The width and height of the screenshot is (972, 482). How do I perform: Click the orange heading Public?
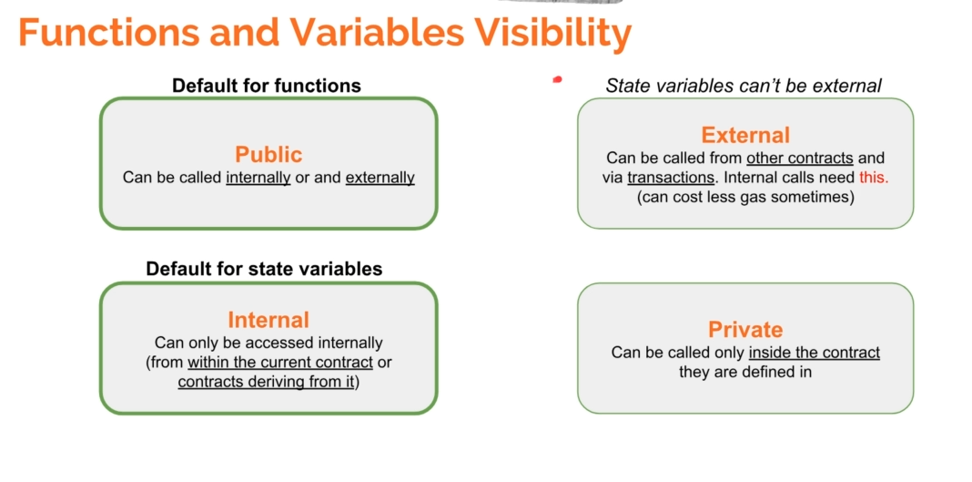(x=268, y=154)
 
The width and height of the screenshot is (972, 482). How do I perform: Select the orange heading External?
(x=745, y=135)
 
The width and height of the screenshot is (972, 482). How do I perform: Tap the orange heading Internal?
(x=268, y=320)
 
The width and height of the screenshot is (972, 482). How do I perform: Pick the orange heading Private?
(x=745, y=330)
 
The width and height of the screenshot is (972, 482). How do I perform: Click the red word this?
(x=874, y=178)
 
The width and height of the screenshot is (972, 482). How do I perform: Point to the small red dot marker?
(x=557, y=79)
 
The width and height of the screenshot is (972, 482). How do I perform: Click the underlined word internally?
(x=258, y=178)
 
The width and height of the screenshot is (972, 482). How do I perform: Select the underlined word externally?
(x=380, y=178)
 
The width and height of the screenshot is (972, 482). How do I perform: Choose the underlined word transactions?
(x=671, y=178)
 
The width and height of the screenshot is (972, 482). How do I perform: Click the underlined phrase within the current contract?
(x=280, y=363)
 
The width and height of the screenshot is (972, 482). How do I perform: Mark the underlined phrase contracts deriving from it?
(x=266, y=382)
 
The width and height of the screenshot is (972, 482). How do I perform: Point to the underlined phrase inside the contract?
(x=815, y=353)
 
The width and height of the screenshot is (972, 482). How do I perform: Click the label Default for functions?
(x=267, y=85)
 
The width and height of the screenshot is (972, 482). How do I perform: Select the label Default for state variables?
(x=264, y=269)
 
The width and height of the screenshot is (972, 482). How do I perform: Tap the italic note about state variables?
(x=744, y=86)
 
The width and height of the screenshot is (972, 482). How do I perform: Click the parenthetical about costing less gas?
(x=745, y=198)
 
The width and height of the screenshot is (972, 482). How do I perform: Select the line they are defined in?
(x=745, y=372)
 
